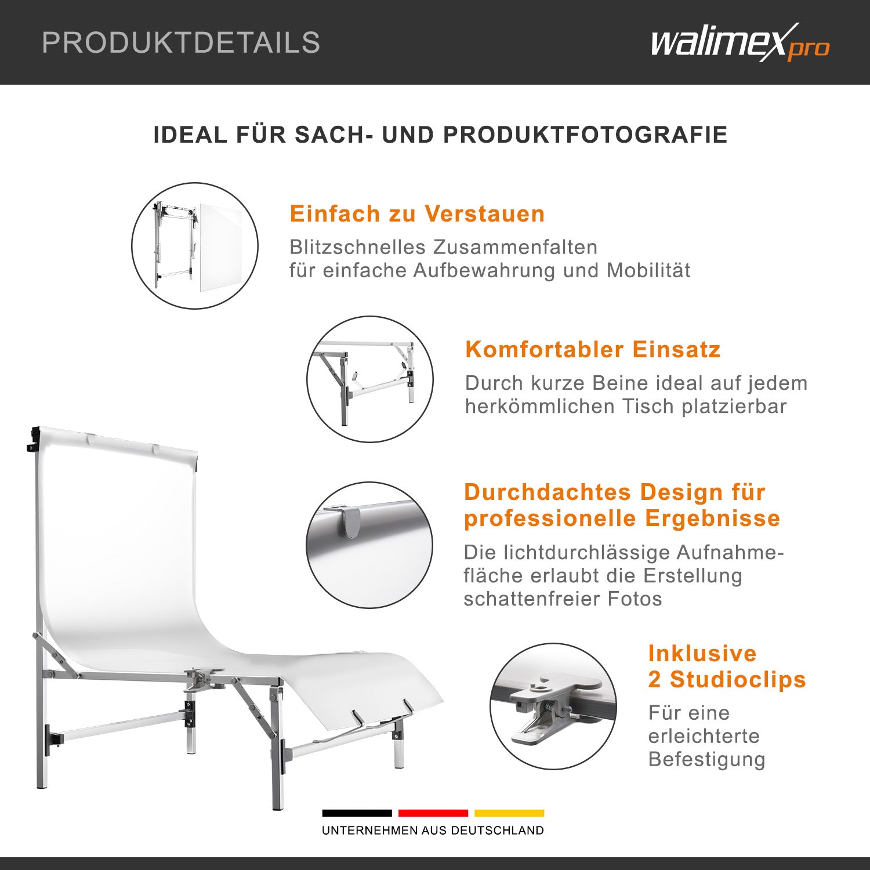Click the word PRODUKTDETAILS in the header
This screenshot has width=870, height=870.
pos(181,43)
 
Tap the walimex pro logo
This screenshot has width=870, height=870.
pos(740,43)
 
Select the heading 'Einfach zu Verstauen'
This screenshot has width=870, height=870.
pos(418,214)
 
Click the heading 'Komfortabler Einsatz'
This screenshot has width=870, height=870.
pos(593,350)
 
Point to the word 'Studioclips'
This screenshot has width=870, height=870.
pos(738,679)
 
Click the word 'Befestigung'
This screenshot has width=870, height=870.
pos(707,759)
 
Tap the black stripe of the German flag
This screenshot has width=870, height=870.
pos(357,813)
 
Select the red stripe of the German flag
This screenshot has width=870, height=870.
pos(433,813)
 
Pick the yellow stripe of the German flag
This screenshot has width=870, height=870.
pos(509,813)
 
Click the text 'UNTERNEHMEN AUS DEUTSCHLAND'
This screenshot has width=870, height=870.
pos(433,831)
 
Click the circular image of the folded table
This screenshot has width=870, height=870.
pos(195,246)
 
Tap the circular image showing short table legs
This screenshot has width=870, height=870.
pos(370,379)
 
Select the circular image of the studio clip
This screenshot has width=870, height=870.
pos(553,706)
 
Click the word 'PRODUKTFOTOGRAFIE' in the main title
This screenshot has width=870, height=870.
pos(585,135)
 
